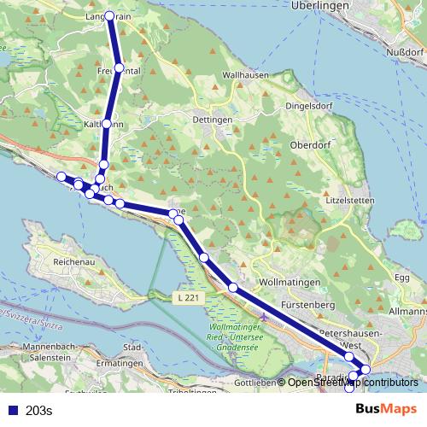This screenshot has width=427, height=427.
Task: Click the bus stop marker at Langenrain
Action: [109, 16]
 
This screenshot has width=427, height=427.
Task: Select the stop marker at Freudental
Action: [119, 67]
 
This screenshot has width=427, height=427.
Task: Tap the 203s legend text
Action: [39, 411]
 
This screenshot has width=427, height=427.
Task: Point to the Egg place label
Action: [402, 278]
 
